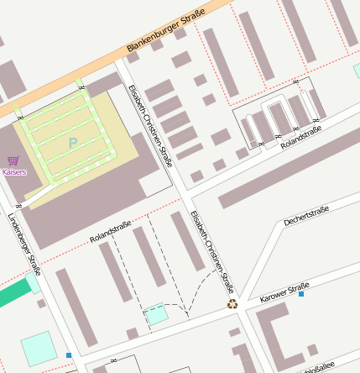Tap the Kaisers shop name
14,172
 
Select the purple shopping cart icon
13,160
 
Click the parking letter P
72,143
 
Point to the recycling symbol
232,304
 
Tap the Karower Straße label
284,292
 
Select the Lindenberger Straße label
24,244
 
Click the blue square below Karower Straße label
301,294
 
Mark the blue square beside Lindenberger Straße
69,355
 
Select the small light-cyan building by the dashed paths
156,315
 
